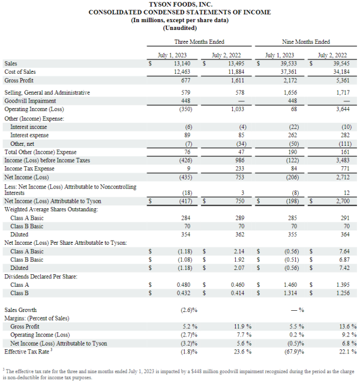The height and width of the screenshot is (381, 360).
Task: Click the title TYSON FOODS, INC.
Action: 181,4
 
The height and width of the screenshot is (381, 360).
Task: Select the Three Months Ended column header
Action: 199,42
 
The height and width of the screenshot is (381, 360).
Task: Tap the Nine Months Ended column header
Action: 306,42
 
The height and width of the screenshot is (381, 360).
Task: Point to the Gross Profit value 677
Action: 185,80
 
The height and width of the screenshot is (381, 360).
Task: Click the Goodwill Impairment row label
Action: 30,101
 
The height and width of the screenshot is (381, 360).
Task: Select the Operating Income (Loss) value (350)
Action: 185,109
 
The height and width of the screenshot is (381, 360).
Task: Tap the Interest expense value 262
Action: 292,135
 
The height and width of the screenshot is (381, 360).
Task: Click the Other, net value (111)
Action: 345,144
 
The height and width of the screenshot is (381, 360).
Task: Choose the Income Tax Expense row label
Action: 29,169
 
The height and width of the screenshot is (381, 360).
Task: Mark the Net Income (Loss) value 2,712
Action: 343,177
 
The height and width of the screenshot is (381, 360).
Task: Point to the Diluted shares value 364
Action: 345,235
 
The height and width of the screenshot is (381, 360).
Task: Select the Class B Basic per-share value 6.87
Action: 344,260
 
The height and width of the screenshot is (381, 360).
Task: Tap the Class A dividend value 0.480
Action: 184,285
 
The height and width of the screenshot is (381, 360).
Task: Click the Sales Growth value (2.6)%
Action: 189,310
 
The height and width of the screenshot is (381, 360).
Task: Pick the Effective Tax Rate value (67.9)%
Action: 294,352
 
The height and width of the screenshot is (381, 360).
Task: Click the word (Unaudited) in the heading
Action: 180,28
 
